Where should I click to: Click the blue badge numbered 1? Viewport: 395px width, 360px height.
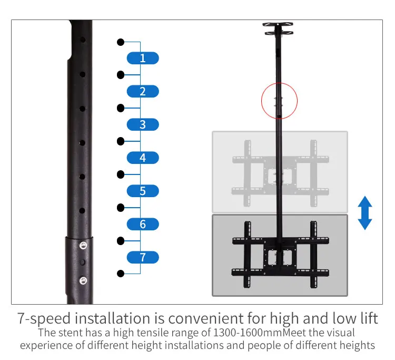click(x=143, y=59)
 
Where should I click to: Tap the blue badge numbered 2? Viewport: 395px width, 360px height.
click(x=143, y=91)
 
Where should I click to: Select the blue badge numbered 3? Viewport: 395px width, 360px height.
click(x=143, y=125)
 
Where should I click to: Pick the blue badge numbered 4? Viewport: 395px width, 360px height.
click(x=143, y=158)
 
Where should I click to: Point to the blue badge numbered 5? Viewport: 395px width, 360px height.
click(x=143, y=191)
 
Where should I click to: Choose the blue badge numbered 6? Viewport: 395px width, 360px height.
click(x=143, y=224)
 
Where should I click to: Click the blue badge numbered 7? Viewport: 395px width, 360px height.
click(x=143, y=257)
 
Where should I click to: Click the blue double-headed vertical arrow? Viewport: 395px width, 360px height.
click(x=365, y=213)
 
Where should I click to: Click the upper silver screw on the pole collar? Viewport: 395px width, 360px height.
click(x=82, y=245)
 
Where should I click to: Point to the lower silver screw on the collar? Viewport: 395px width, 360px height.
click(x=82, y=279)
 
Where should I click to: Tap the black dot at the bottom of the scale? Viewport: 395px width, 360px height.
click(x=121, y=274)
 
